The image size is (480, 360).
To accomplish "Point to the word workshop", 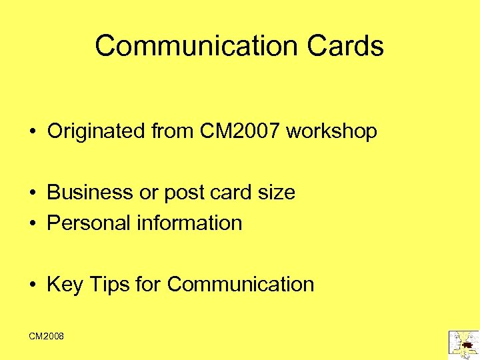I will tap(331, 131).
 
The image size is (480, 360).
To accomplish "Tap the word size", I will tap(275, 193).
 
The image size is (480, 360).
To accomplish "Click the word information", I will tap(189, 223).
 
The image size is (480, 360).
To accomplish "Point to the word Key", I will tap(65, 285).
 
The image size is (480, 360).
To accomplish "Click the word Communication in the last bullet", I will tap(241, 285).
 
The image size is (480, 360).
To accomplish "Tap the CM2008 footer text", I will tap(47, 336).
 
